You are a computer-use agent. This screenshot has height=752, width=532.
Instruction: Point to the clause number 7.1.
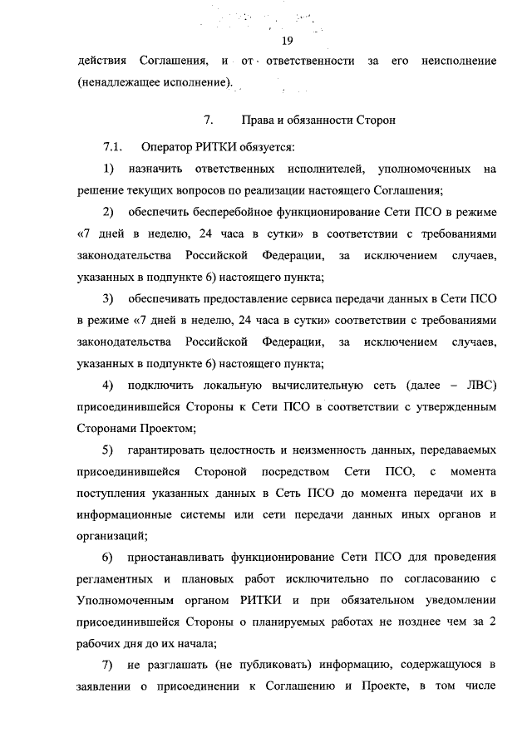pos(113,148)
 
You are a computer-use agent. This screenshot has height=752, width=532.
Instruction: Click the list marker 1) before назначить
pos(108,170)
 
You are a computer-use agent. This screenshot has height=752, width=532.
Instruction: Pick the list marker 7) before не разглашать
pos(108,666)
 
